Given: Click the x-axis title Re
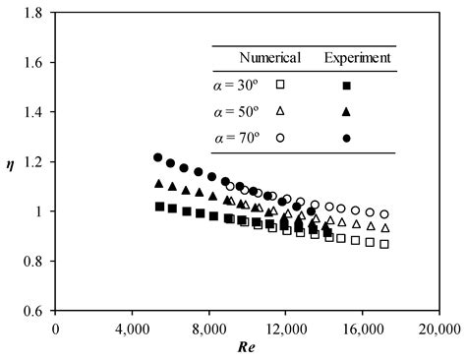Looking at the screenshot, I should tap(246, 348).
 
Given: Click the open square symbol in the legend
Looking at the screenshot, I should tap(281, 85).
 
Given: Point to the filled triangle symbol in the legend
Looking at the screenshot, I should tap(347, 111).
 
